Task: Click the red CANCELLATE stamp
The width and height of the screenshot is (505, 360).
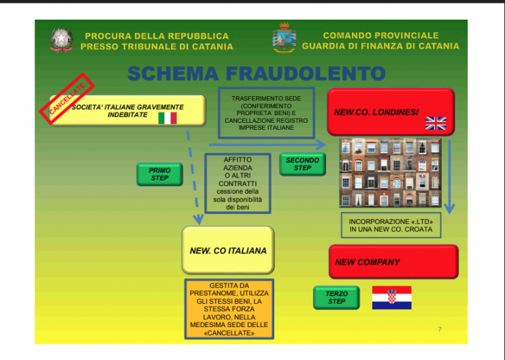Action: (x=67, y=98)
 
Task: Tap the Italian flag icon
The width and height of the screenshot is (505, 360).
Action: (x=168, y=119)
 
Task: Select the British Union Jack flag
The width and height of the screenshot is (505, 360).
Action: (x=436, y=123)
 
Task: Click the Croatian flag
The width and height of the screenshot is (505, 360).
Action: (x=391, y=298)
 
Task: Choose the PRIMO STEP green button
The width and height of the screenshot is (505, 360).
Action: (x=160, y=174)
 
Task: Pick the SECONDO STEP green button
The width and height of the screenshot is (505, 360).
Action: (x=302, y=164)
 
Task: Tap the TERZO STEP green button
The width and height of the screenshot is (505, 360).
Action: (x=337, y=298)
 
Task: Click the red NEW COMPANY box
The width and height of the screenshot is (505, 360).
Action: (x=393, y=262)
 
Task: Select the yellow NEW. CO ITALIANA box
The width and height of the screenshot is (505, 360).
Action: (x=228, y=250)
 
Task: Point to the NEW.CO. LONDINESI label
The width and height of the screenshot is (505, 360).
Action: (x=376, y=112)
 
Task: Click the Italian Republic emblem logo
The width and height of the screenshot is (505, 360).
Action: (x=61, y=40)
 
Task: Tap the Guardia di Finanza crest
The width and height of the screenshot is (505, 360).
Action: (x=284, y=37)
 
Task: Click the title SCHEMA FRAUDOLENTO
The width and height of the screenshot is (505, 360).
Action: (x=257, y=74)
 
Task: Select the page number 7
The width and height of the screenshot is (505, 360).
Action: (x=440, y=329)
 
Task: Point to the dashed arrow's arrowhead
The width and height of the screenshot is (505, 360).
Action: (x=198, y=220)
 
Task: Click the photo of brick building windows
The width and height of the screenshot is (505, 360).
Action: (x=391, y=173)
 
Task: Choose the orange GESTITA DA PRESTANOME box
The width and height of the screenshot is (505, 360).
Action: (x=229, y=309)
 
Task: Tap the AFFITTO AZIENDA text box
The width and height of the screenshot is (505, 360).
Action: (x=238, y=183)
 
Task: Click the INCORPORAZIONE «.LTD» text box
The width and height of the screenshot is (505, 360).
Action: (x=391, y=225)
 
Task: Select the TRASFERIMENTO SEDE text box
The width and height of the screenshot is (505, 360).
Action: (x=267, y=113)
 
